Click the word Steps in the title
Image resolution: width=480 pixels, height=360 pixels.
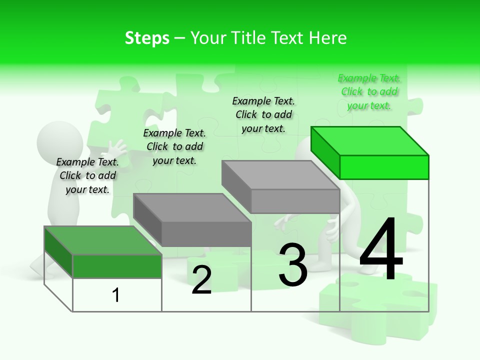pyautogui.click(x=147, y=38)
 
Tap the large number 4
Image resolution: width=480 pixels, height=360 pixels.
pyautogui.click(x=381, y=250)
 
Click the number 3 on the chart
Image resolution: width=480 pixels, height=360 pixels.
pyautogui.click(x=293, y=265)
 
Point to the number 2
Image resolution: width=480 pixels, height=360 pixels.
pyautogui.click(x=201, y=280)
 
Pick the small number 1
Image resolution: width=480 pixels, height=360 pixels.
pyautogui.click(x=116, y=295)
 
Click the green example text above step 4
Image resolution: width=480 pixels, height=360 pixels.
pyautogui.click(x=369, y=92)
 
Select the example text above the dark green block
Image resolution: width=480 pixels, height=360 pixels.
pyautogui.click(x=87, y=176)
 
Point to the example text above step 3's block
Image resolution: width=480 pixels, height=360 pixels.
pyautogui.click(x=263, y=114)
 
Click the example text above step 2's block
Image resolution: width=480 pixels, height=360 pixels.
pyautogui.click(x=174, y=146)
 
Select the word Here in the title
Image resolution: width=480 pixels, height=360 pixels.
pyautogui.click(x=327, y=38)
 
